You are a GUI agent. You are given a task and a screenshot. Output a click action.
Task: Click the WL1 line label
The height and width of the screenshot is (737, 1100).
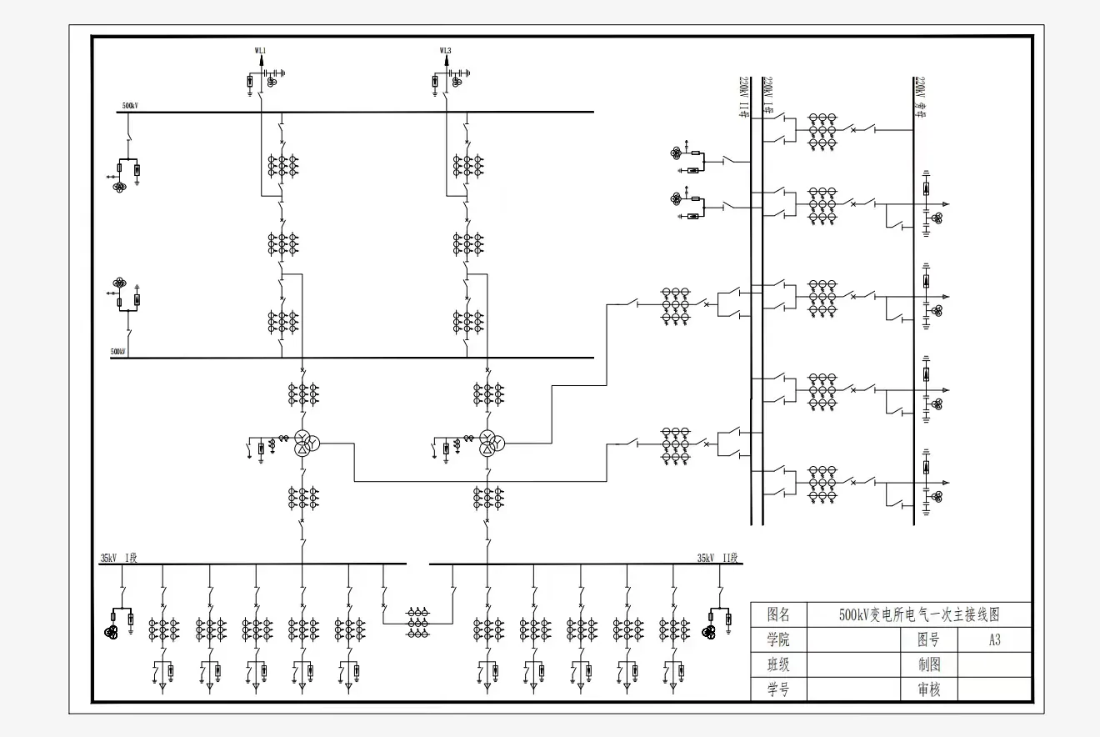point(260,51)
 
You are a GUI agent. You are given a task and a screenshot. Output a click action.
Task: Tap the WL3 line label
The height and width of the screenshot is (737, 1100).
point(446,51)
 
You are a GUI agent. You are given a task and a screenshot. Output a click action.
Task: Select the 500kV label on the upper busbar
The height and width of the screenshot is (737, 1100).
point(130,106)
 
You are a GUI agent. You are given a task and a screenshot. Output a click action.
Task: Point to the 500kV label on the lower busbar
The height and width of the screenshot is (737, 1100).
point(118,352)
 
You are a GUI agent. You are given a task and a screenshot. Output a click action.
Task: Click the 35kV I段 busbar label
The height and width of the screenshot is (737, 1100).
point(118,558)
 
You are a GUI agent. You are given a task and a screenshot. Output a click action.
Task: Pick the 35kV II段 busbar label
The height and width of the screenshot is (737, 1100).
point(717,558)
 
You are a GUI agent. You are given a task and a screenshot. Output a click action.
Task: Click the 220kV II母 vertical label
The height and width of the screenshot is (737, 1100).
point(743,98)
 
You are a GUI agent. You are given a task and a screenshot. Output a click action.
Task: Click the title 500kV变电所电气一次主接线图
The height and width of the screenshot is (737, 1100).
point(918,615)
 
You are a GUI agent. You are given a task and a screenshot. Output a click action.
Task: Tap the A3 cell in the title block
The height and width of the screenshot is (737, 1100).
point(994,640)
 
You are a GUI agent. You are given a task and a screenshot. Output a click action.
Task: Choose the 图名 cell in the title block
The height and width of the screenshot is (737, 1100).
point(778,615)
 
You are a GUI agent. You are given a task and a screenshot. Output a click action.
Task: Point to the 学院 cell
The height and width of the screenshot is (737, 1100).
point(778,640)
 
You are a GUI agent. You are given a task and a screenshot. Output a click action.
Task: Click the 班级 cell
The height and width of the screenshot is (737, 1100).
point(778,665)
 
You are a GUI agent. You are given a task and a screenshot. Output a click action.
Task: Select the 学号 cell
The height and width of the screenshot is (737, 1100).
point(778,689)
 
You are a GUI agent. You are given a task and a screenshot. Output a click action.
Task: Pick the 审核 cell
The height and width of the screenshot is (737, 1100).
point(928,689)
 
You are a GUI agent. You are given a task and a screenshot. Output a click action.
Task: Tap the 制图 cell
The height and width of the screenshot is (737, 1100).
point(928,665)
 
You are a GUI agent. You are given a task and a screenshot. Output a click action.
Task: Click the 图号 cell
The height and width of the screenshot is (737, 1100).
point(928,640)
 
